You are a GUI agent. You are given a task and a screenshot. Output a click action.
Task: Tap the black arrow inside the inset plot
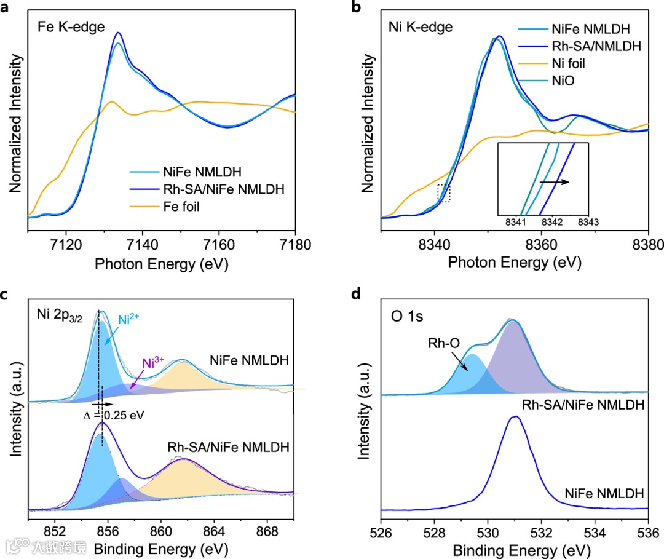[554, 183]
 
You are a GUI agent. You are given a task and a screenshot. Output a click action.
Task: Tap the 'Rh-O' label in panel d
[443, 343]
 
